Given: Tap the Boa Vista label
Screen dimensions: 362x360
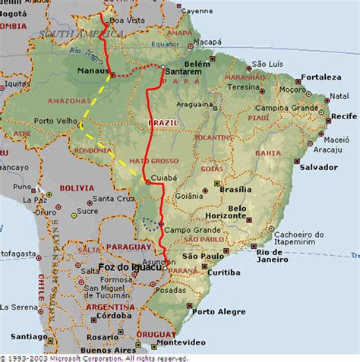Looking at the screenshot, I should pyautogui.click(x=127, y=20).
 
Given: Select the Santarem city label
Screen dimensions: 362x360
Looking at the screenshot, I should pyautogui.click(x=184, y=71).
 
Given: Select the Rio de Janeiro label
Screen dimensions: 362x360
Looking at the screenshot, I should pyautogui.click(x=277, y=257).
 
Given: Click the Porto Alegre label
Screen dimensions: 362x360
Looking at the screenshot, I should pyautogui.click(x=219, y=312).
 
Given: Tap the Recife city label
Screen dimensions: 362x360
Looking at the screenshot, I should pyautogui.click(x=343, y=116).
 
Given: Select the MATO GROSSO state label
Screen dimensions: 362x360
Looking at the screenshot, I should pyautogui.click(x=154, y=161).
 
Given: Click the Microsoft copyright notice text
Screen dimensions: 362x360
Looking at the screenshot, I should pyautogui.click(x=95, y=357).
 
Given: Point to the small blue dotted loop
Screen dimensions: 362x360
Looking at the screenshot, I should pyautogui.click(x=151, y=223).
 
